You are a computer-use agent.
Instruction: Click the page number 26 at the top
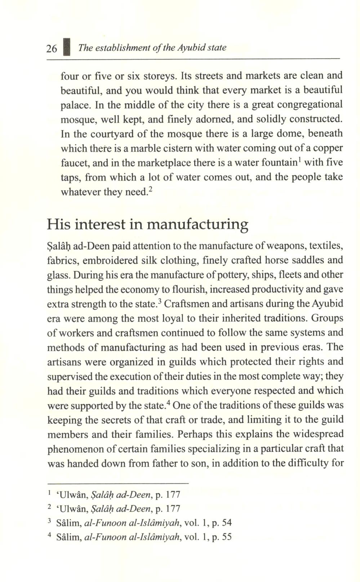[x=52, y=48]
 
